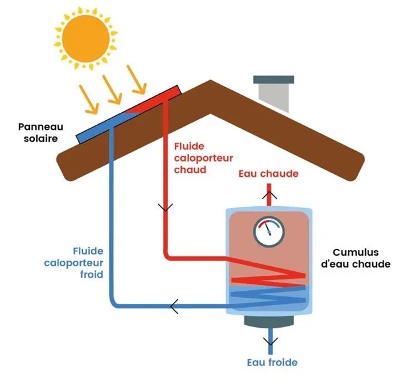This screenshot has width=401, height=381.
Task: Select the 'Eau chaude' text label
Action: point(269,173)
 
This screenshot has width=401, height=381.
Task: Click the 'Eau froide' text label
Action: point(271,362)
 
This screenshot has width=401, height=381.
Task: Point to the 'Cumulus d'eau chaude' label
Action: point(355,258)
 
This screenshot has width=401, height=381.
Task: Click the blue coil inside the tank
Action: point(268,295)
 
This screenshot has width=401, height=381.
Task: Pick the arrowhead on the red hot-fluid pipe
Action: point(165,207)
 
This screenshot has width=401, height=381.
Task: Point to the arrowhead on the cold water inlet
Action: point(270,342)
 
